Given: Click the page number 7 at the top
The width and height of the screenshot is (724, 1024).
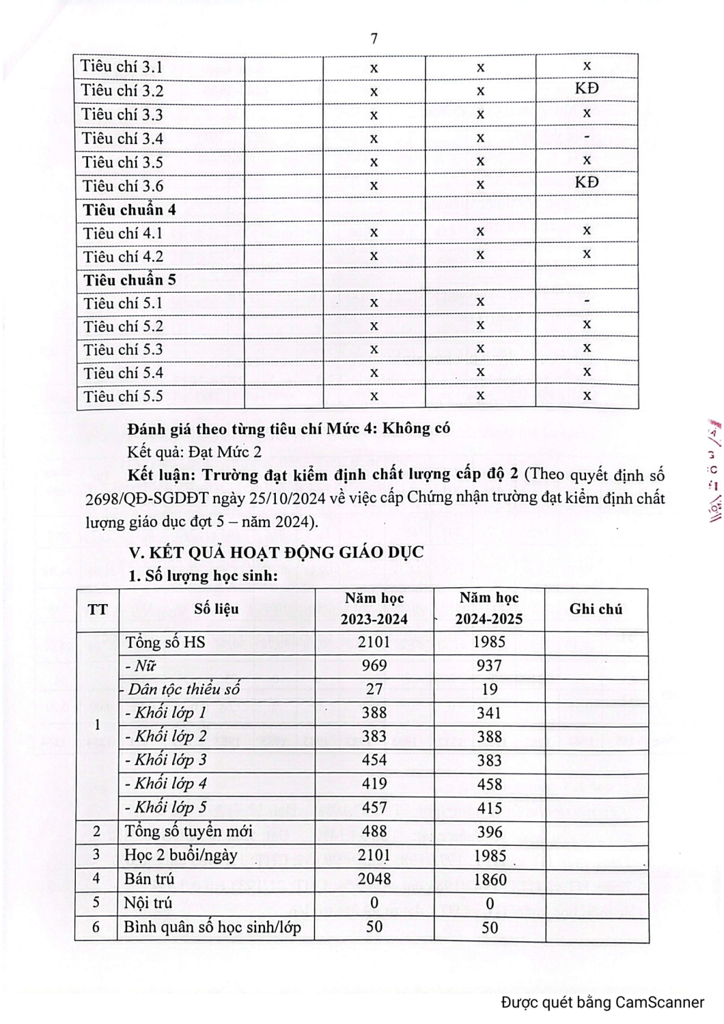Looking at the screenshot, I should (374, 39).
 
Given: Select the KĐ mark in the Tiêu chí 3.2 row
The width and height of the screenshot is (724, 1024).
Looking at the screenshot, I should (587, 89).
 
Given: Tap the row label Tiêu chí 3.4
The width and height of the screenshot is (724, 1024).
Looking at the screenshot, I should (123, 139).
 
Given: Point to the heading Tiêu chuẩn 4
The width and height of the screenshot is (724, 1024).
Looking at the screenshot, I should (130, 210).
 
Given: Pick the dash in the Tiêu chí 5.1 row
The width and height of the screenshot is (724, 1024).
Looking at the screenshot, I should (587, 301).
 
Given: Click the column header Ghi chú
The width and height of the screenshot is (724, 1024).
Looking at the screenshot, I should (596, 609).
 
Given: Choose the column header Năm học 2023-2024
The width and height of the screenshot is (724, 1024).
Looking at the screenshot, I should (374, 608).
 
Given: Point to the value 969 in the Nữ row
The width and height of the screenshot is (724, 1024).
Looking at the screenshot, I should (374, 666).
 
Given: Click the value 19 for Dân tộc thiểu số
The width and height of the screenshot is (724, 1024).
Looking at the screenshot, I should (490, 689).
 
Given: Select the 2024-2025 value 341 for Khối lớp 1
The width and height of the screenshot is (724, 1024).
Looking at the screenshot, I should (490, 713).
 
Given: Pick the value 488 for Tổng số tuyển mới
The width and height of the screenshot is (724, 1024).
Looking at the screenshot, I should (374, 831).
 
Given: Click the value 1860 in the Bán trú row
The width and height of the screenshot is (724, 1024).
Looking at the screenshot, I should (490, 879).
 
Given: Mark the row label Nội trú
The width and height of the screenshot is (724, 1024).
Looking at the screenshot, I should (148, 903).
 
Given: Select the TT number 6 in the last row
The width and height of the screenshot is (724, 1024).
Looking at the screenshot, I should (96, 927).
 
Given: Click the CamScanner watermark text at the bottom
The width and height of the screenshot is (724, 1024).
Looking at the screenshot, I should (602, 1002).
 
